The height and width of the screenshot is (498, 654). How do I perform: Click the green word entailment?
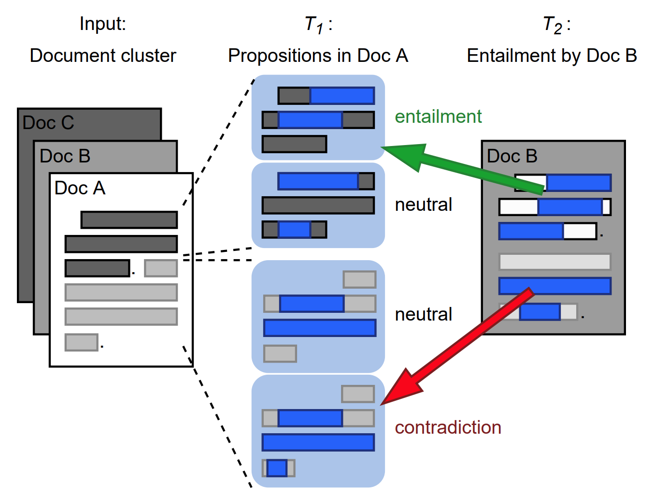(x=438, y=117)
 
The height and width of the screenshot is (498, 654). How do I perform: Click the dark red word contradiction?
(x=448, y=427)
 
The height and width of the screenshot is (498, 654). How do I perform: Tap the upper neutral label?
(x=423, y=205)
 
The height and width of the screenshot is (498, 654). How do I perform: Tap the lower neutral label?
(x=423, y=314)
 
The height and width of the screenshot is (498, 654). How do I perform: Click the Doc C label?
(x=48, y=123)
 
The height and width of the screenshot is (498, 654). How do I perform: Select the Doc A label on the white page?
(x=80, y=188)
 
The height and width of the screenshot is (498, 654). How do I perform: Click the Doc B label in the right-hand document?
(x=512, y=156)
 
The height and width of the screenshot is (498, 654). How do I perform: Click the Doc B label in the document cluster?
(x=65, y=156)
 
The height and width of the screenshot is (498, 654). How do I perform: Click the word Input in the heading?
(x=102, y=24)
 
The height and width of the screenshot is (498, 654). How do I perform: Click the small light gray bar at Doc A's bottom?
(x=81, y=342)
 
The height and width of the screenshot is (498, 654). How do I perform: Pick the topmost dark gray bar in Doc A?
(x=129, y=220)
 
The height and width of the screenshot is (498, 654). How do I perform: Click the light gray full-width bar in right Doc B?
(x=554, y=262)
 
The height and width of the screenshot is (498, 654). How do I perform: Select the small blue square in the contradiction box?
(x=277, y=468)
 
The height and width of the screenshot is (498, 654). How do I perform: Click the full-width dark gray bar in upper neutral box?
(x=318, y=205)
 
